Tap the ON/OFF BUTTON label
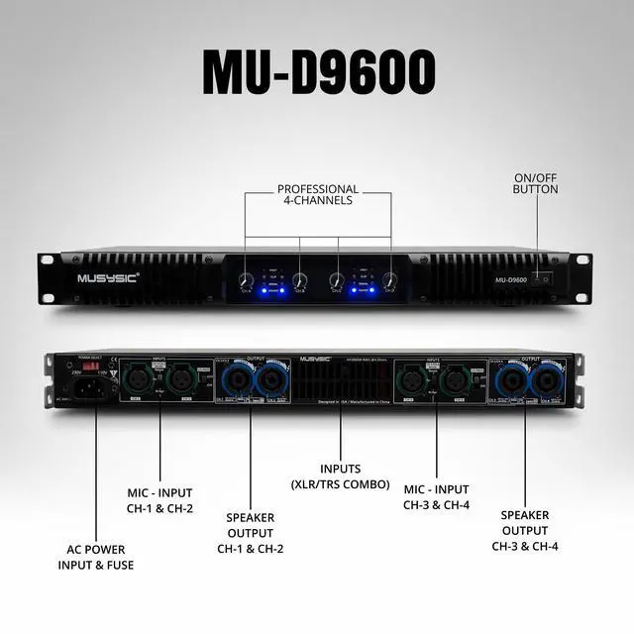pos(536,183)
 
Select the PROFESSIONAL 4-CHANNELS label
pos(318,194)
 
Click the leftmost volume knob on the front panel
pos(247,280)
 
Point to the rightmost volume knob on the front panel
pos(389,280)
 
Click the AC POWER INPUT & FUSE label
pos(95,558)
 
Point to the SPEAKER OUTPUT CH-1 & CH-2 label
pos(250,532)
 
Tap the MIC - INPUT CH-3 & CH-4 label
pos(437,497)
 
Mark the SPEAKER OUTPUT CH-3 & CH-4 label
pos(524,530)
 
